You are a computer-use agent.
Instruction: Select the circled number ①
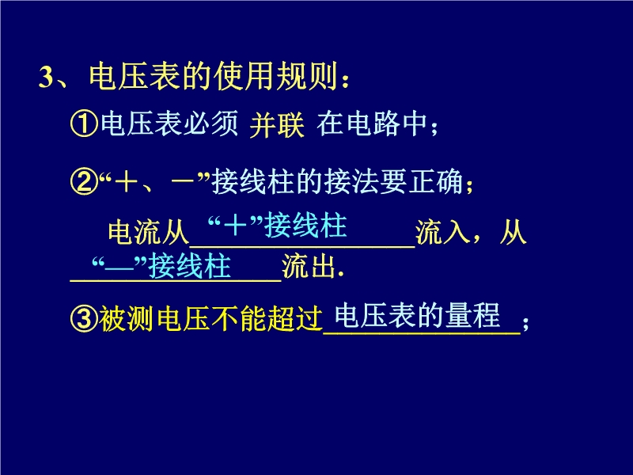(x=84, y=123)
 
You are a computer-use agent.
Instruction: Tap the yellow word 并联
(x=277, y=125)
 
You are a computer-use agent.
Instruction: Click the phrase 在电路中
(x=372, y=123)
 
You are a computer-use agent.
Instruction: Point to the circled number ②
(x=84, y=182)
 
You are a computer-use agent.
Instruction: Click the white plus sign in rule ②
(x=126, y=181)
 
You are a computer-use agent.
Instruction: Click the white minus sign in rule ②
(x=183, y=181)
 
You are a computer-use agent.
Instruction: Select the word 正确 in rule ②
(x=436, y=182)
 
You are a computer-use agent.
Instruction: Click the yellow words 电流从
(x=149, y=232)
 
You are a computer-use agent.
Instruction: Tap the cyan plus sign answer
(x=235, y=225)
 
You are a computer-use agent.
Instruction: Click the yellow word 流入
(x=443, y=232)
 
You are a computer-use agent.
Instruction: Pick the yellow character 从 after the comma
(x=513, y=232)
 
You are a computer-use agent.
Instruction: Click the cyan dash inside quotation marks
(x=119, y=267)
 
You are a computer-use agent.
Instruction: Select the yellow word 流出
(x=309, y=266)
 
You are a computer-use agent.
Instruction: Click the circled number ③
(x=84, y=319)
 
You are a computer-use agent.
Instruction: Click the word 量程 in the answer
(x=473, y=314)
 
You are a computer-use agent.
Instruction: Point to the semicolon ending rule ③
(x=525, y=324)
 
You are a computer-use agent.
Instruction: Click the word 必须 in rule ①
(x=210, y=123)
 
